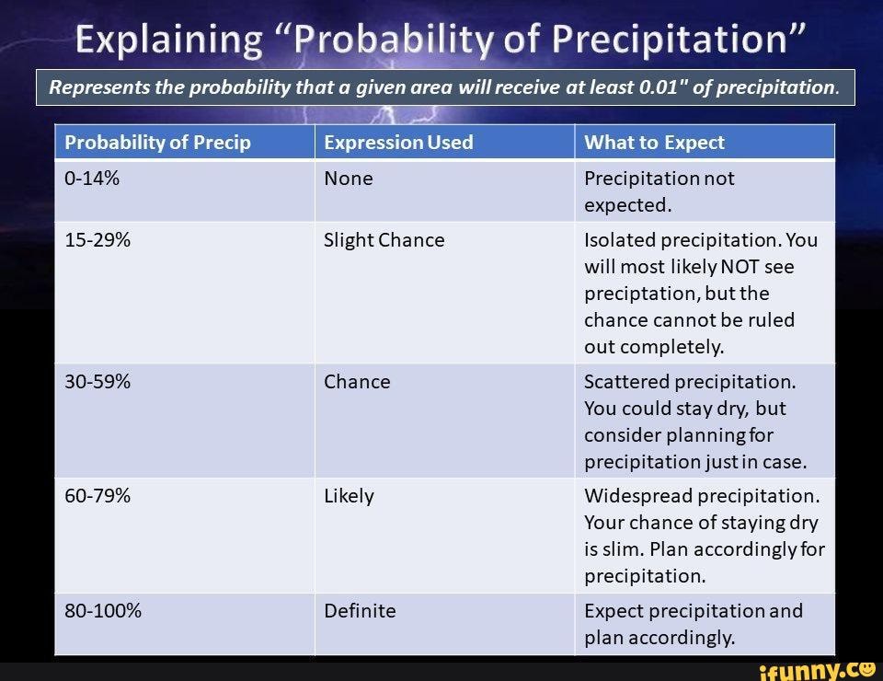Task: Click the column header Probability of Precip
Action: [157, 143]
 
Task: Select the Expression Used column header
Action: [398, 143]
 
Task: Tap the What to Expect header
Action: [654, 143]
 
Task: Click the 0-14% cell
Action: [92, 179]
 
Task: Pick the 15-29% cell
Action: [97, 240]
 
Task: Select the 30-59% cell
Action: [97, 382]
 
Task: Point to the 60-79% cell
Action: [97, 496]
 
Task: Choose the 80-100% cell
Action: [103, 611]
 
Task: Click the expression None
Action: [349, 179]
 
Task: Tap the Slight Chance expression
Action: [384, 240]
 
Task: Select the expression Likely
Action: [349, 496]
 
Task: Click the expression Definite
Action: [360, 611]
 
